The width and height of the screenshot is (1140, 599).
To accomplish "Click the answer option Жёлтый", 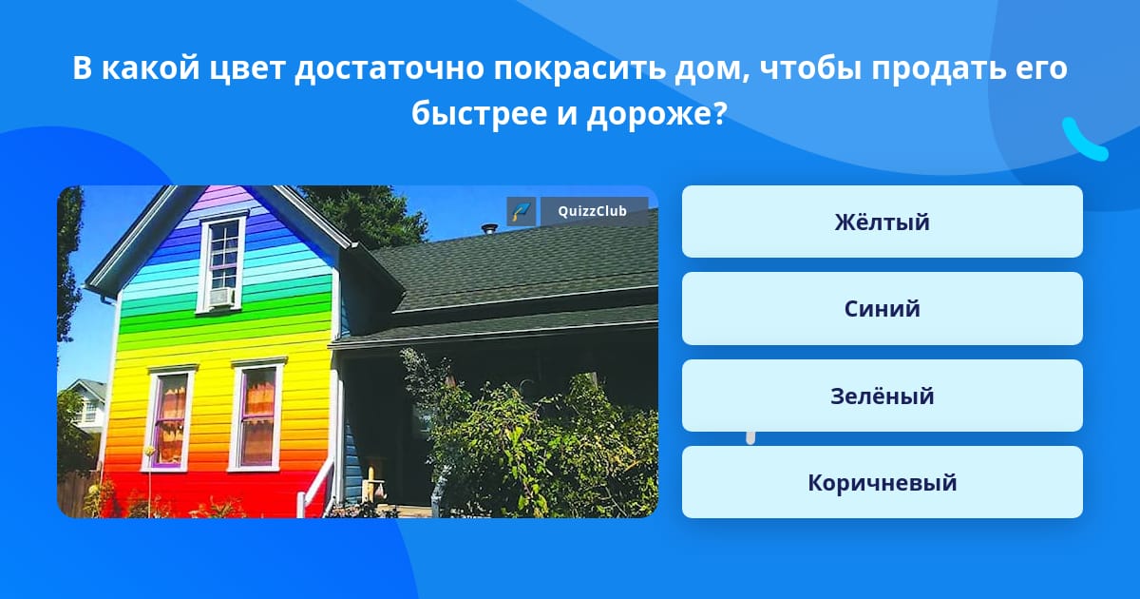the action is coord(882,222).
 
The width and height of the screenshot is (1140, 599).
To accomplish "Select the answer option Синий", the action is coord(882,309).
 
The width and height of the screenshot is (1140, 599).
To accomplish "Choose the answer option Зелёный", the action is coord(882,396).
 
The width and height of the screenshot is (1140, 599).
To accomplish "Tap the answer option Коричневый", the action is coord(882,482).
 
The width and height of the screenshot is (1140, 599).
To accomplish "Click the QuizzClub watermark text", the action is coord(592,211).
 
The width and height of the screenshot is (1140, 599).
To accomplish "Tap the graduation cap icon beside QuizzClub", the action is coord(522,211).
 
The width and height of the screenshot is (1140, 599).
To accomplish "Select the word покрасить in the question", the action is coord(579,68).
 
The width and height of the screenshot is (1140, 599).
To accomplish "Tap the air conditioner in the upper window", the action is coord(221,298).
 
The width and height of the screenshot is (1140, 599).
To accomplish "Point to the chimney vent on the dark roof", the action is coord(490,229).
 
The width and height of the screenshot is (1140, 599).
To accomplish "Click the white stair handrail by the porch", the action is coord(315,488).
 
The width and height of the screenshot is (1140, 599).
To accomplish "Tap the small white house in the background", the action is coord(85,406).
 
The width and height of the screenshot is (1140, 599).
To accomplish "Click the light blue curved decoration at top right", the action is coord(1083,140).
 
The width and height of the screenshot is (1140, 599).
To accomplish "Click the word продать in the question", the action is coord(939,69).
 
